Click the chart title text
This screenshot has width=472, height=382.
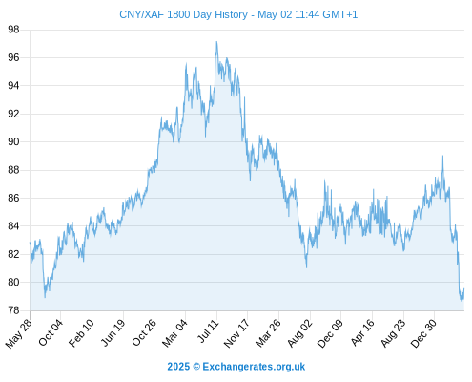point(238,14)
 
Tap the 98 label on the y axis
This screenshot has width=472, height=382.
point(13,30)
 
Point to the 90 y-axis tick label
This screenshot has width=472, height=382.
point(13,141)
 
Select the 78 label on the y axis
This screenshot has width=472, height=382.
point(13,310)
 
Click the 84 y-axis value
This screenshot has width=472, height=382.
point(13,226)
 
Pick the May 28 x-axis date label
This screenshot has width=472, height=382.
point(19,333)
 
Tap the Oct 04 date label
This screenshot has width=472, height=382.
point(51,332)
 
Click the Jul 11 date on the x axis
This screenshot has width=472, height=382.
point(209,331)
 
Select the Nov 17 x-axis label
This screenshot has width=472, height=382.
point(236,333)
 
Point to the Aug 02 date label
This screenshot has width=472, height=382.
point(300,333)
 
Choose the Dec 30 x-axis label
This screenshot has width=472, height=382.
point(423,333)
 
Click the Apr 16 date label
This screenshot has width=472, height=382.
point(363,332)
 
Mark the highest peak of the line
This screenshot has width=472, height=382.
point(216,41)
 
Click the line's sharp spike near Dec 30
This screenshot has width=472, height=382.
point(442,156)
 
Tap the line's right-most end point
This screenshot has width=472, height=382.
point(464,289)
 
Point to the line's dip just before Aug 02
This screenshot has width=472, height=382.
point(306,267)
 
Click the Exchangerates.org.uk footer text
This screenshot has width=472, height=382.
point(254,367)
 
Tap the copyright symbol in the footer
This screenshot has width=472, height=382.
point(196,367)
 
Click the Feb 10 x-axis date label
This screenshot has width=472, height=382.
point(82,332)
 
